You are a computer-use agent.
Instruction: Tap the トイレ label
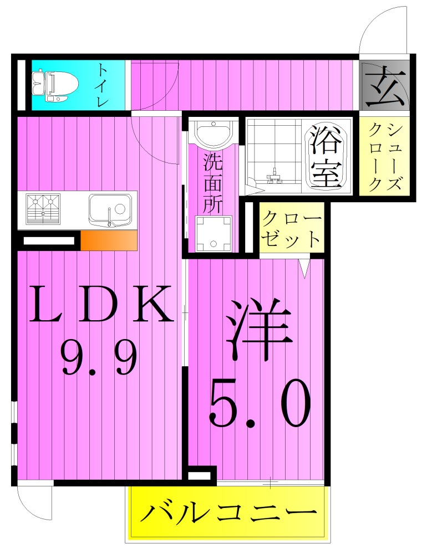[x=103, y=85]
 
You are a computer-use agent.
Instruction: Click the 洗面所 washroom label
[x=212, y=183]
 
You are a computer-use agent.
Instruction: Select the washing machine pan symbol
[x=213, y=233]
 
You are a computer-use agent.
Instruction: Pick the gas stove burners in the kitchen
[x=43, y=209]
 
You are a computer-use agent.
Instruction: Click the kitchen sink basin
[x=110, y=210]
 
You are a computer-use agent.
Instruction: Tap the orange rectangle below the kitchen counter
[x=109, y=241]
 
